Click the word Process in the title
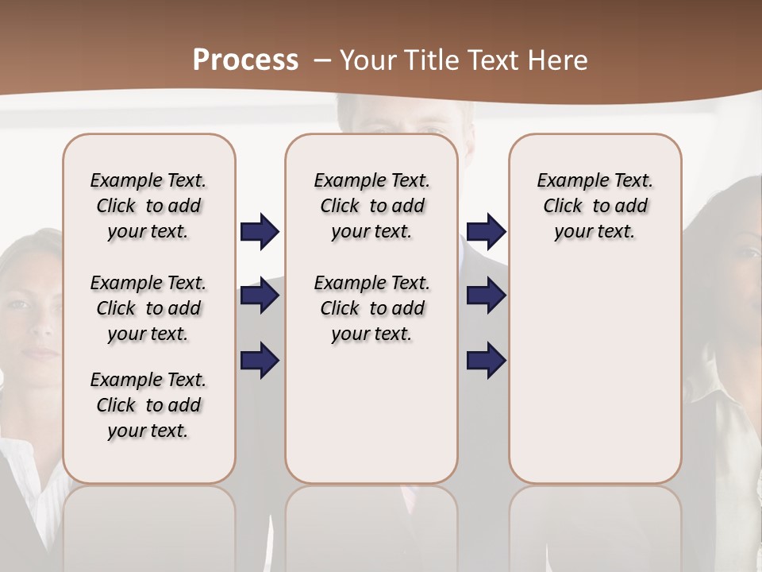coord(245,60)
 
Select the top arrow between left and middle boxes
coord(260,231)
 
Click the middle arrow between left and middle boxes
coord(260,296)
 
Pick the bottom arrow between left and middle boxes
coord(260,361)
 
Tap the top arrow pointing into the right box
coord(487,231)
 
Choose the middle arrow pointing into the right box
coord(487,296)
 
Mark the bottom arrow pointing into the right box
coord(487,361)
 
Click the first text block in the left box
coord(148,206)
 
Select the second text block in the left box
coord(148,308)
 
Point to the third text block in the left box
coord(148,405)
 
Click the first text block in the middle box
coord(371,206)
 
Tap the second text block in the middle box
coord(371,308)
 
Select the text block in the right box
coord(595,206)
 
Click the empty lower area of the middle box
coord(371,413)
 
